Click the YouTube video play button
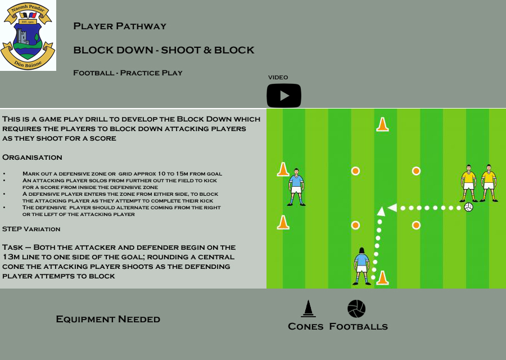[284, 96]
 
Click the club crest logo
[28, 35]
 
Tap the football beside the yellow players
[468, 207]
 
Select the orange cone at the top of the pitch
[382, 124]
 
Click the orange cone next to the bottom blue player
[382, 278]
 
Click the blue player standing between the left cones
[296, 187]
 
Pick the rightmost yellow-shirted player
[489, 183]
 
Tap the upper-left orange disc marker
[355, 171]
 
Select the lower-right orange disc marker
[416, 225]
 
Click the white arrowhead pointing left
[392, 208]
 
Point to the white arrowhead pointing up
[381, 211]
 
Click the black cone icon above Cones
[308, 309]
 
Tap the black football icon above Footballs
[356, 309]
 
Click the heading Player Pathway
[120, 26]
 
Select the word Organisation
[32, 157]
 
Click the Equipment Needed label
[108, 319]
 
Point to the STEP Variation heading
[31, 229]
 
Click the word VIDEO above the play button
[278, 77]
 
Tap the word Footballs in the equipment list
[358, 326]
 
